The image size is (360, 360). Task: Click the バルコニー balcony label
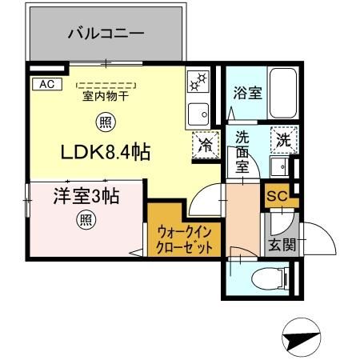pos(105,34)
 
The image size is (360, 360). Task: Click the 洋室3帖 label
pos(75,196)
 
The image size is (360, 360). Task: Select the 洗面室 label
pos(242,152)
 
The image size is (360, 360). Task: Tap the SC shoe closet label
pos(276,194)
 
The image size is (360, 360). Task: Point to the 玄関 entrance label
pos(281,245)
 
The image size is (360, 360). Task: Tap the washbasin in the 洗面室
pos(278,167)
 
